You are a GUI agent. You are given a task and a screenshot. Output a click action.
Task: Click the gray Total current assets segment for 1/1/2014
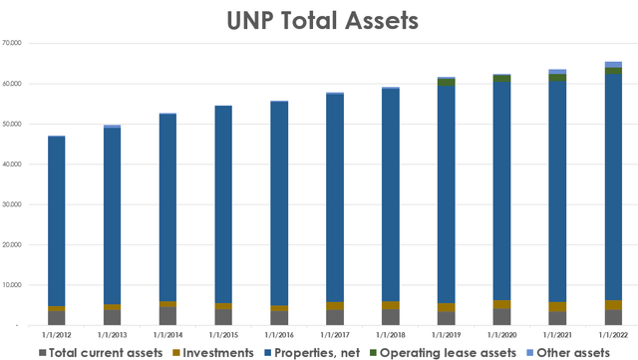click(x=167, y=316)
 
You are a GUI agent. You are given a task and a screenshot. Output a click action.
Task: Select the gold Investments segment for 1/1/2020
click(x=501, y=304)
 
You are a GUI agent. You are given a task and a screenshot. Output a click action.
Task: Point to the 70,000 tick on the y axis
click(x=13, y=44)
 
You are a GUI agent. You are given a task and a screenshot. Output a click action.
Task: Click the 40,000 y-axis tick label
click(x=13, y=165)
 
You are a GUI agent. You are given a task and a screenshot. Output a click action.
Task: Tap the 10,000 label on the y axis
click(x=13, y=285)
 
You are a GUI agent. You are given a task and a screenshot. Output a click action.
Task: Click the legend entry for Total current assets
click(x=94, y=351)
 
